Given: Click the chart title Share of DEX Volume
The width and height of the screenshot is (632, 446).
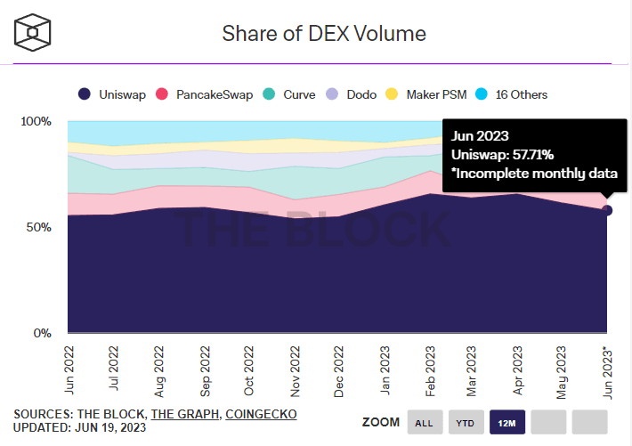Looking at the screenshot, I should (324, 34).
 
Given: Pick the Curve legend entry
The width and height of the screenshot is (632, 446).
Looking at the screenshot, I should (290, 94).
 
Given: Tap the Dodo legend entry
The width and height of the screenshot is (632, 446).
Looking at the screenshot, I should (353, 94).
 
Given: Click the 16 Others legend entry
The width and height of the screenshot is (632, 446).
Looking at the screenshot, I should (514, 94).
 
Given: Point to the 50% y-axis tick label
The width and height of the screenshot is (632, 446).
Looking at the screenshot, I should (38, 228).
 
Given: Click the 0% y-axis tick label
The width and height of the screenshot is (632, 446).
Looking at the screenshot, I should (42, 334).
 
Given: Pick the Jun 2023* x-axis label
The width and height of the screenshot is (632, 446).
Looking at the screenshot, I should (608, 370).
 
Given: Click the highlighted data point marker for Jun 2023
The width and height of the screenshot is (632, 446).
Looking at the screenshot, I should (607, 210).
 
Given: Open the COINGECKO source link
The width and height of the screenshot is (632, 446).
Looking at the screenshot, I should (261, 414).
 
